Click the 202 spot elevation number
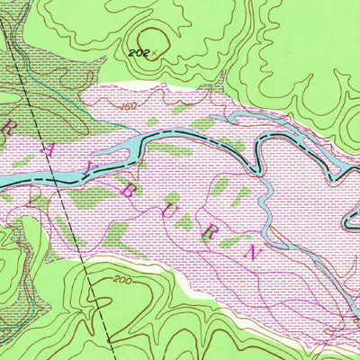[x=138, y=54]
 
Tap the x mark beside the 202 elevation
[x=154, y=52]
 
